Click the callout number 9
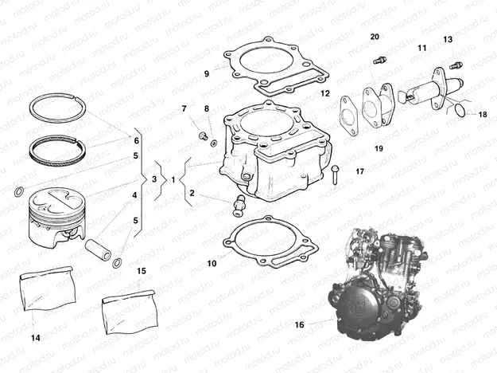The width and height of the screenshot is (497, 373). pyautogui.click(x=206, y=73)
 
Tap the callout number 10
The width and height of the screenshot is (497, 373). pyautogui.click(x=212, y=262)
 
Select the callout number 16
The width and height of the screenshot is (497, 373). pyautogui.click(x=299, y=325)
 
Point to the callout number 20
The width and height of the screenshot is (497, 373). pyautogui.click(x=375, y=37)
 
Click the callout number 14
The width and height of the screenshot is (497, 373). pyautogui.click(x=35, y=338)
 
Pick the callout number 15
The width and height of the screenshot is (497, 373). pyautogui.click(x=142, y=271)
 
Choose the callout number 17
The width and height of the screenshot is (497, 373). pyautogui.click(x=359, y=171)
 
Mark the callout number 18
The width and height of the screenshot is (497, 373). pyautogui.click(x=483, y=115)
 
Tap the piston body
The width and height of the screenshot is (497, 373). pyautogui.click(x=51, y=217)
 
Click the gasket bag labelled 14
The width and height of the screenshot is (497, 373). pyautogui.click(x=47, y=288)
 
